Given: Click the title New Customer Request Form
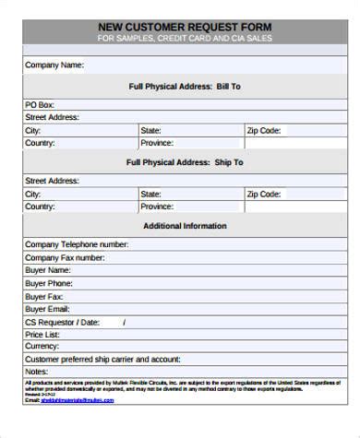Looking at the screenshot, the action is [x=184, y=27].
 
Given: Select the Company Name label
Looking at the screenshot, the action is [x=54, y=65].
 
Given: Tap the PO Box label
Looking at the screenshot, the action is [x=41, y=105].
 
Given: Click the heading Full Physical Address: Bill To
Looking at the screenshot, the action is [x=184, y=86].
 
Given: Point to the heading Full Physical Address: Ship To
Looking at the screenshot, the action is [x=184, y=162].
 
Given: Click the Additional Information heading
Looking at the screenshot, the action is [x=184, y=226].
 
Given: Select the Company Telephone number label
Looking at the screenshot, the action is [x=77, y=244].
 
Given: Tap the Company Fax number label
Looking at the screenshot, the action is [x=65, y=257].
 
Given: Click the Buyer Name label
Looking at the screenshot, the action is [x=48, y=270].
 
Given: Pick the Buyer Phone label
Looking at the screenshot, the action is [x=49, y=283].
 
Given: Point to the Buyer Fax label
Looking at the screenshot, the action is [x=44, y=296].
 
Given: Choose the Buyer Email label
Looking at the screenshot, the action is [x=47, y=309].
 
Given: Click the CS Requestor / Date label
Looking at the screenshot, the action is [x=62, y=322].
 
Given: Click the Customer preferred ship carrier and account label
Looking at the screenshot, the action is [x=102, y=359].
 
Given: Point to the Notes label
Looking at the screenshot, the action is [x=36, y=371].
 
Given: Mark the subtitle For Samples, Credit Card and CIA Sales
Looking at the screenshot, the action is [x=184, y=40].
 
